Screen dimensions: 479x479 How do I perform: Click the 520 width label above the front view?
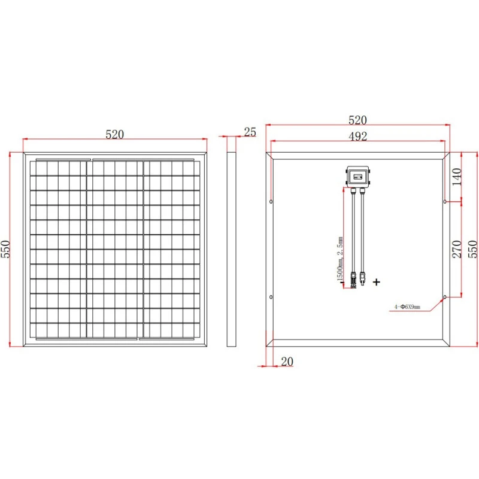(114, 134)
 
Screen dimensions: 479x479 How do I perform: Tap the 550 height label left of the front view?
(6, 249)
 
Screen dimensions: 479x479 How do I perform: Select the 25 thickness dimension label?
(250, 132)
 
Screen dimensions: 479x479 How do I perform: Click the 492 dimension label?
(357, 137)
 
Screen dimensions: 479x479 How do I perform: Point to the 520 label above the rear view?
(357, 120)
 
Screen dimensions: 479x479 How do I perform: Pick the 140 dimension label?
(456, 177)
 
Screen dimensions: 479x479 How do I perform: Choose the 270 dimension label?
(456, 249)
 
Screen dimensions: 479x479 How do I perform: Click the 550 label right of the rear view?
(472, 249)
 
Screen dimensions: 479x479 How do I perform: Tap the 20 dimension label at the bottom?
(287, 362)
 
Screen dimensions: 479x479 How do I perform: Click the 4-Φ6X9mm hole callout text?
(407, 307)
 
